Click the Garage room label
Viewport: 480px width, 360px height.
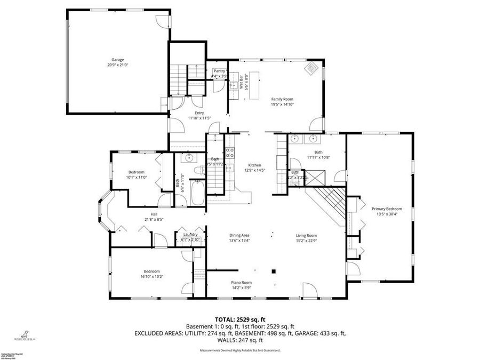point(118,60)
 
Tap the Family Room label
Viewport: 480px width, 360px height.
point(282,99)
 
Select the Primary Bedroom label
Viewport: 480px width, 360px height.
point(387,209)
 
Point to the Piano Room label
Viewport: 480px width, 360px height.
point(241,283)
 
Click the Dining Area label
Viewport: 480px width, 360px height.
point(239,235)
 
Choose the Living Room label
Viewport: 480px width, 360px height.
point(307,235)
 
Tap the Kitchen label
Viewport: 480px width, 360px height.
point(254,165)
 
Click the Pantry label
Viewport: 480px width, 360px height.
point(219,71)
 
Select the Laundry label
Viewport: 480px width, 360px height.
point(190,235)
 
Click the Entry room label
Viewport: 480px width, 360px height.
point(199,113)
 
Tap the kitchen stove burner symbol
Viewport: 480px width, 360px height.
point(231,153)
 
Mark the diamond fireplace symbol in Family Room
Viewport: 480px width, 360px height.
point(312,68)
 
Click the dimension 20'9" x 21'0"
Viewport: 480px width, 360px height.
point(118,65)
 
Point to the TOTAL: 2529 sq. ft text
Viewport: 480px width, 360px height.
point(240,319)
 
